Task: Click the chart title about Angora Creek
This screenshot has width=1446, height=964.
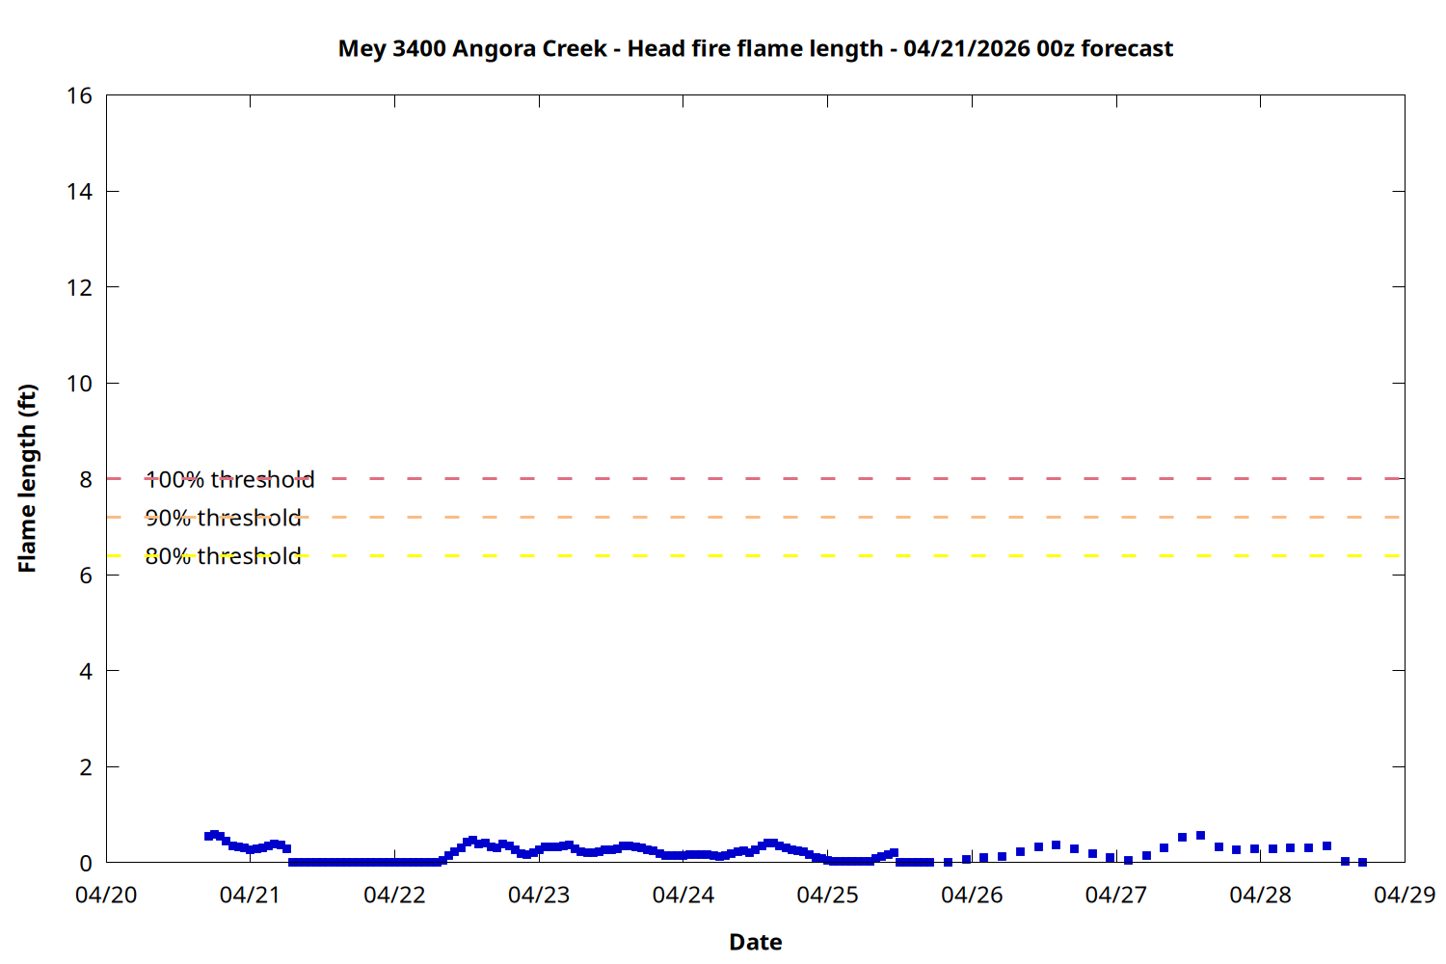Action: (755, 48)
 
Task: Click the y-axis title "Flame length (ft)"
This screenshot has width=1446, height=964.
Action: (27, 478)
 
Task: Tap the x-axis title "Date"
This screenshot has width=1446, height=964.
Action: (755, 942)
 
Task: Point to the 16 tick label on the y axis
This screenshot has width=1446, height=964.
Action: (79, 95)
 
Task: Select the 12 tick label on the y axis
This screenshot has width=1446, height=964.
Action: (79, 287)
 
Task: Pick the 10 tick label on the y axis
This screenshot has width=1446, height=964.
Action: (79, 383)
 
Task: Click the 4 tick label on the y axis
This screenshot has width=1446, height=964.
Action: (86, 671)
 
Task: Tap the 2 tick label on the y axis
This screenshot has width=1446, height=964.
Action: (86, 767)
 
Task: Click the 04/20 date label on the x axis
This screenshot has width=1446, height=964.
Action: (106, 895)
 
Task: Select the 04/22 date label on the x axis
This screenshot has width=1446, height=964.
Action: (394, 895)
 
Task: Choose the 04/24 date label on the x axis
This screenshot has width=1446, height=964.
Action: (683, 895)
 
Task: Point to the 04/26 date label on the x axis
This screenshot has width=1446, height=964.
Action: (972, 895)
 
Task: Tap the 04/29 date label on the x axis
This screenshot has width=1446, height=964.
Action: (1405, 895)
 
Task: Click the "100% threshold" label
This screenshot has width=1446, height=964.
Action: (229, 479)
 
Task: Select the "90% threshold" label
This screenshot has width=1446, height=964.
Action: (223, 518)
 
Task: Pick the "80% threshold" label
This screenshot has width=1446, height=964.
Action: (223, 556)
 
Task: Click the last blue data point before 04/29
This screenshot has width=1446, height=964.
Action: (1362, 862)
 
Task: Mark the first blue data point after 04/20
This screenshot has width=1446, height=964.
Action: (208, 836)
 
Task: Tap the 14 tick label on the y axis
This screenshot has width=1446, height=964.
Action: (79, 191)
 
